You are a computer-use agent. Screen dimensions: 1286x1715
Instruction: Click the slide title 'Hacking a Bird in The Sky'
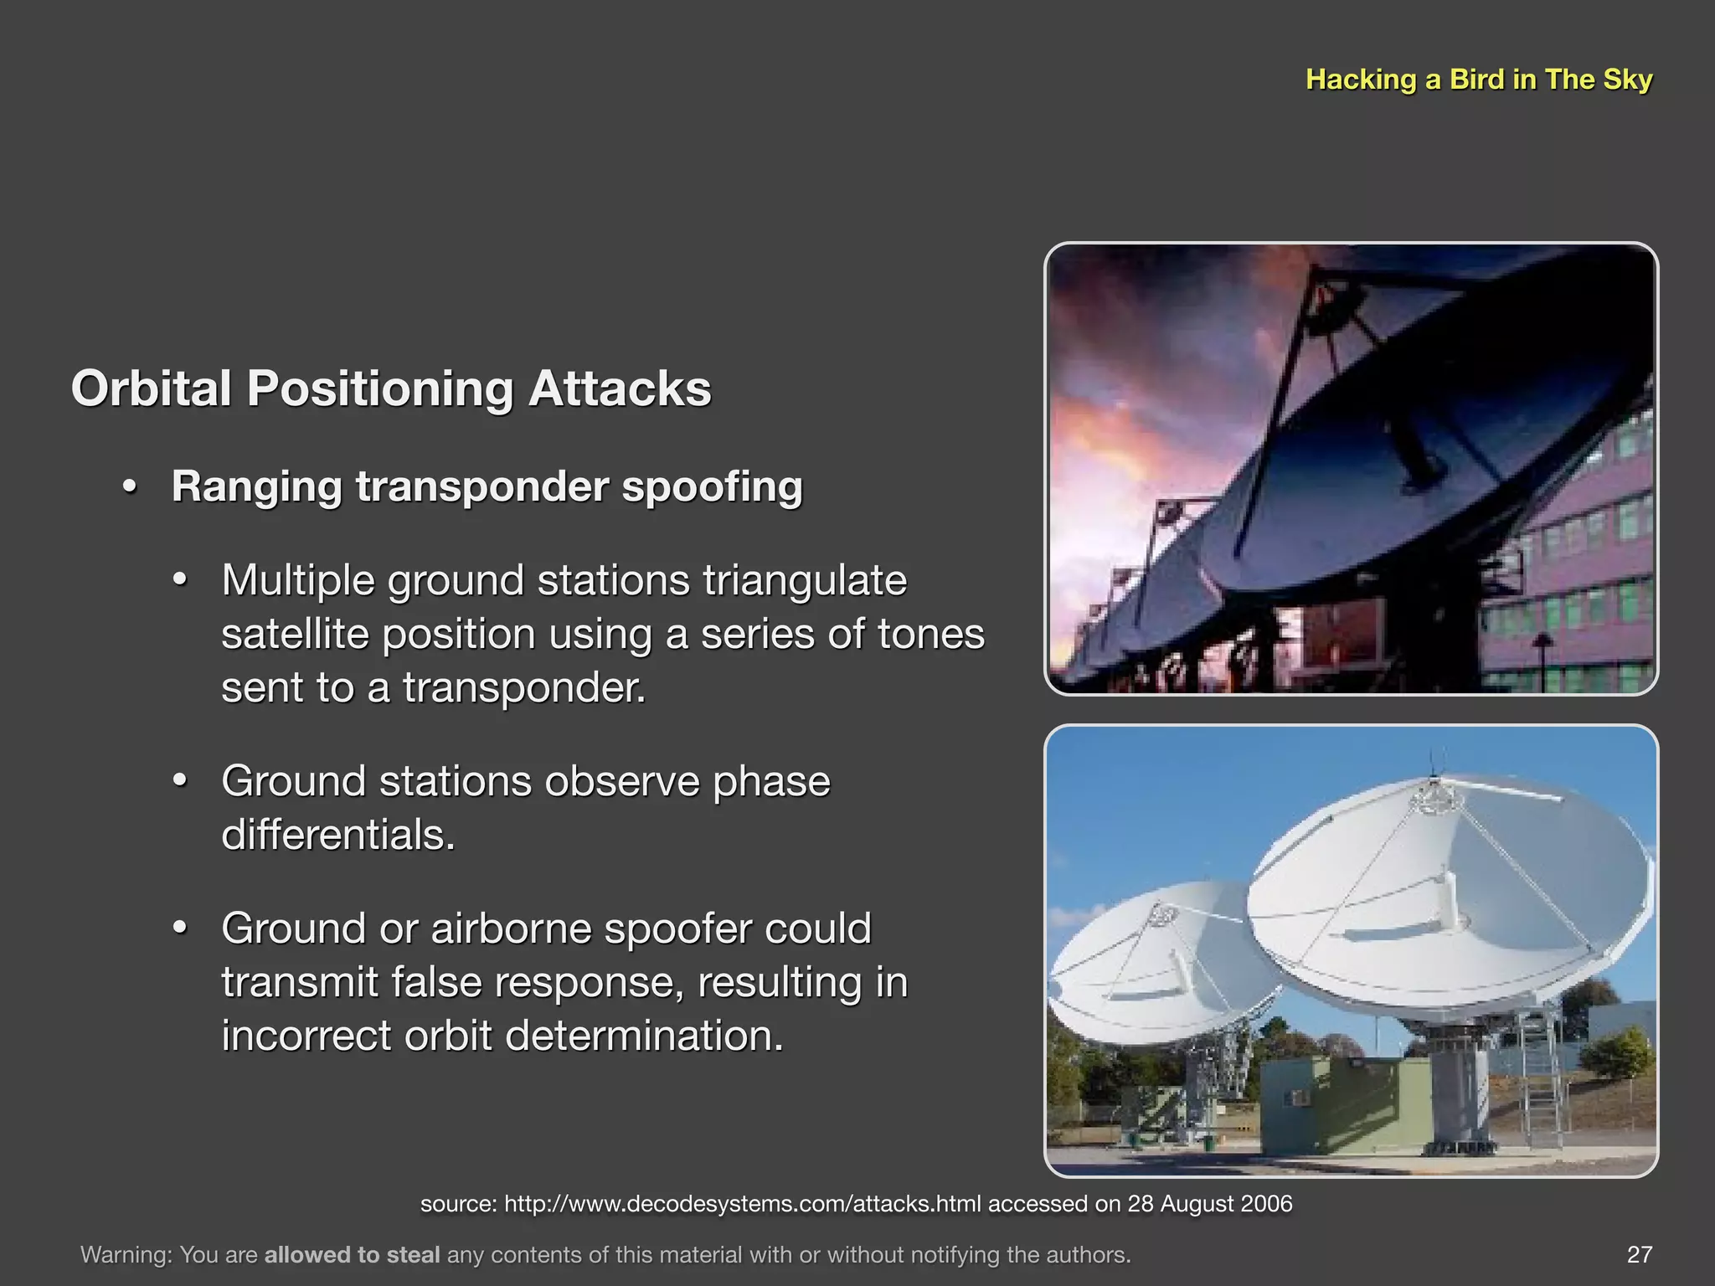[1478, 80]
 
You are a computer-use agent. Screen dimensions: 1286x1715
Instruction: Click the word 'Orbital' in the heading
[151, 389]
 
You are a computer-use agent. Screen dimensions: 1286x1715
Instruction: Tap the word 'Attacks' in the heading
[620, 389]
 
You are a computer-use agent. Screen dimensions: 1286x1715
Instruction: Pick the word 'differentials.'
[338, 835]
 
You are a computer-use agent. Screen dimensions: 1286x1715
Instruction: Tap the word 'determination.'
[644, 1036]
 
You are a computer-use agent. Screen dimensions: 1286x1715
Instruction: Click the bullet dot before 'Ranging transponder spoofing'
[129, 488]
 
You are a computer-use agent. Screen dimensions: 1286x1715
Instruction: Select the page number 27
[1639, 1254]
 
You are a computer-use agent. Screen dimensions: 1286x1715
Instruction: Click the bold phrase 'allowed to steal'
[352, 1255]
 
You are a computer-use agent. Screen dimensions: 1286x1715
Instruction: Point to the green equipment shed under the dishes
[1323, 1105]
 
